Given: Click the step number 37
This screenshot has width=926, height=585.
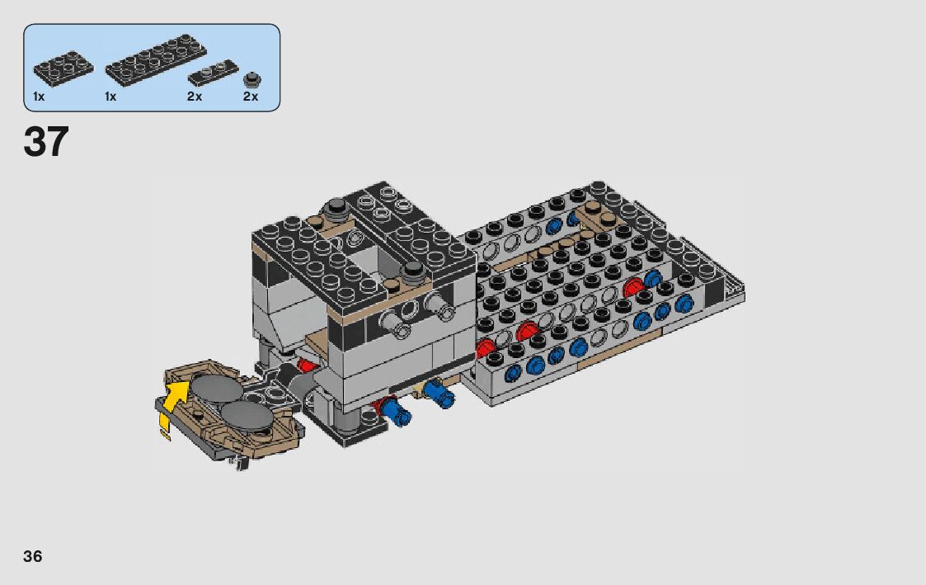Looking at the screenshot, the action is pyautogui.click(x=46, y=142).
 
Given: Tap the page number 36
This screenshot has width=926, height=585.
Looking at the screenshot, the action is pyautogui.click(x=32, y=556).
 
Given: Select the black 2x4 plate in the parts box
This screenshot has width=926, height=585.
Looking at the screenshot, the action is pyautogui.click(x=63, y=65).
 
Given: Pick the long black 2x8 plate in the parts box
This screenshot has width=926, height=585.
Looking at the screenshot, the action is pyautogui.click(x=156, y=60).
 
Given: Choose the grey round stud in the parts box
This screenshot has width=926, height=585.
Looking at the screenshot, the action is pyautogui.click(x=252, y=80).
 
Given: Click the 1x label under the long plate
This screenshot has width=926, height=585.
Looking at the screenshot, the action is pyautogui.click(x=110, y=97).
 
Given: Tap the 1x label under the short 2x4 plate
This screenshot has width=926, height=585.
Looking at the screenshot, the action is pyautogui.click(x=39, y=97).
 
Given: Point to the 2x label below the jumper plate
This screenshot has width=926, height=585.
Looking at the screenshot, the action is pyautogui.click(x=195, y=97).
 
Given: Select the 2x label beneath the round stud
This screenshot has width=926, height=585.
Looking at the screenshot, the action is pyautogui.click(x=251, y=97).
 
